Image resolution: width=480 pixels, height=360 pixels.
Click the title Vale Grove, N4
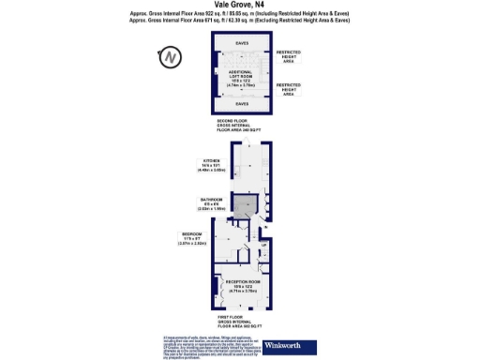241,5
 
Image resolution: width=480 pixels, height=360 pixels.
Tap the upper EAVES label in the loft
242,43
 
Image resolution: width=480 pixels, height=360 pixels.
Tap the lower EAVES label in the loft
242,104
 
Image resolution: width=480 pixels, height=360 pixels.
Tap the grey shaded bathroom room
243,208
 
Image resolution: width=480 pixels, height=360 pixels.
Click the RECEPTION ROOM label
242,282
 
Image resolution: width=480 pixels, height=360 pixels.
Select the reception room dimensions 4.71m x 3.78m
242,292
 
